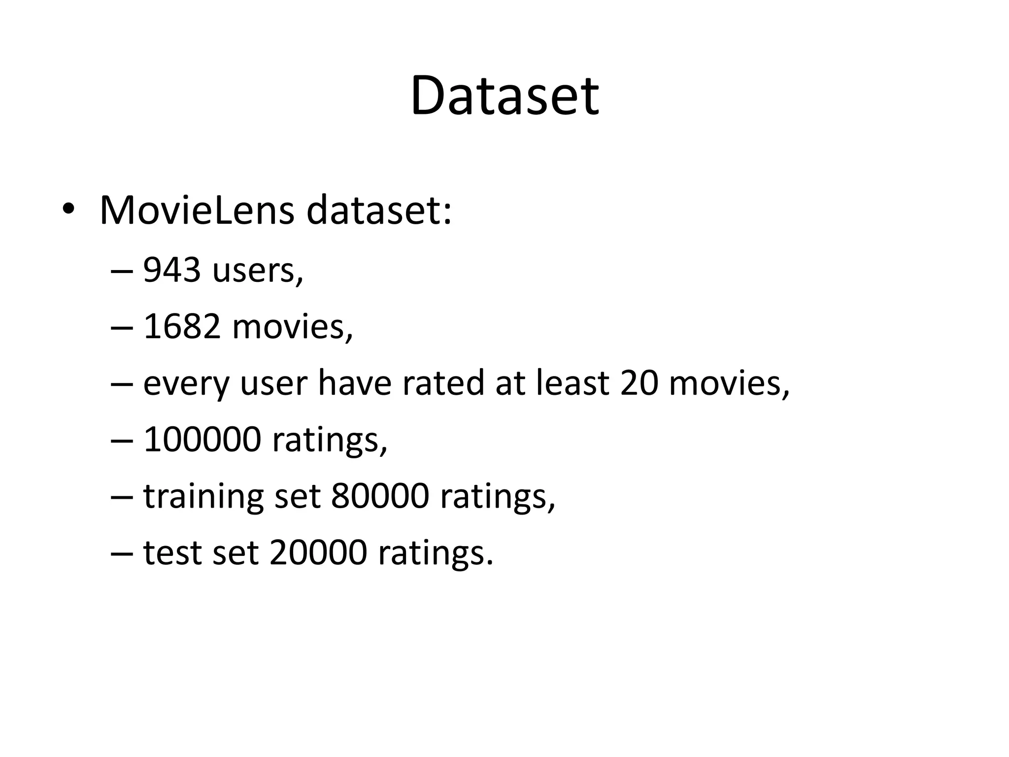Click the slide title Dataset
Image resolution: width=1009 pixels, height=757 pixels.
coord(504,96)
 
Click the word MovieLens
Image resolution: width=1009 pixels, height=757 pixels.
coord(197,211)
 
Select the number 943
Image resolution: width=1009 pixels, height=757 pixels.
coord(172,271)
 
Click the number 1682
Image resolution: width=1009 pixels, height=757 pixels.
coord(181,327)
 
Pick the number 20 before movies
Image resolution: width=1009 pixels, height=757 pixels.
coord(639,383)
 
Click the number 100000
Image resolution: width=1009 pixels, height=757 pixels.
coord(202,439)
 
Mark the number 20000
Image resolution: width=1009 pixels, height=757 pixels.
coord(318,552)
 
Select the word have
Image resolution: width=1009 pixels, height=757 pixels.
coord(355,383)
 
